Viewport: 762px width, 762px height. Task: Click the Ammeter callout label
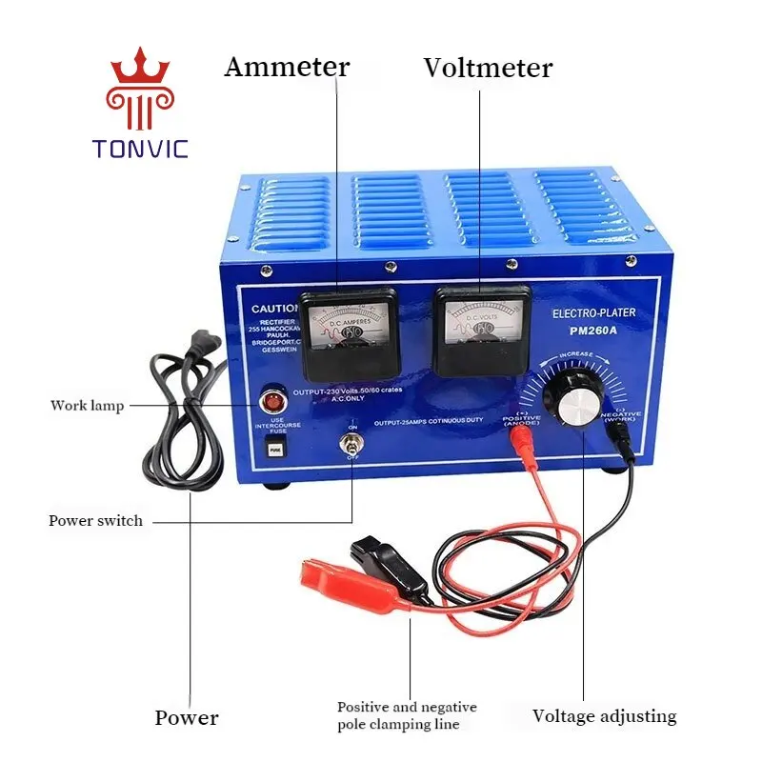287,68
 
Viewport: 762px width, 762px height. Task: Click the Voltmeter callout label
488,69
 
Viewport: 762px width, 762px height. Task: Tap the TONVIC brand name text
141,149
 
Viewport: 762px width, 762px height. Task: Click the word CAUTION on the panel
274,309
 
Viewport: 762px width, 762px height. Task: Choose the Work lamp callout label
87,407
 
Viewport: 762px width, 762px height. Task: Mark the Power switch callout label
95,521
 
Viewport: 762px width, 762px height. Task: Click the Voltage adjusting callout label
604,716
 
